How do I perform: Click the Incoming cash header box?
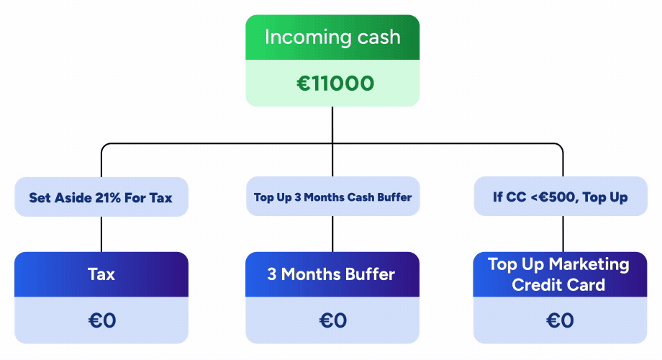coord(332,37)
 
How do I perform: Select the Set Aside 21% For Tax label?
coord(101,197)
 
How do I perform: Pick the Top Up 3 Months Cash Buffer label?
coord(332,197)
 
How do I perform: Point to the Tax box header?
coord(101,274)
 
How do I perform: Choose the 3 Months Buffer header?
coord(332,274)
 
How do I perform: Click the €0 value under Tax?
coord(101,320)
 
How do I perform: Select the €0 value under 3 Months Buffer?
coord(332,320)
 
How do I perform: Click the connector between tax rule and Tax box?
coord(101,234)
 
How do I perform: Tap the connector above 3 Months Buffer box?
coord(332,234)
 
